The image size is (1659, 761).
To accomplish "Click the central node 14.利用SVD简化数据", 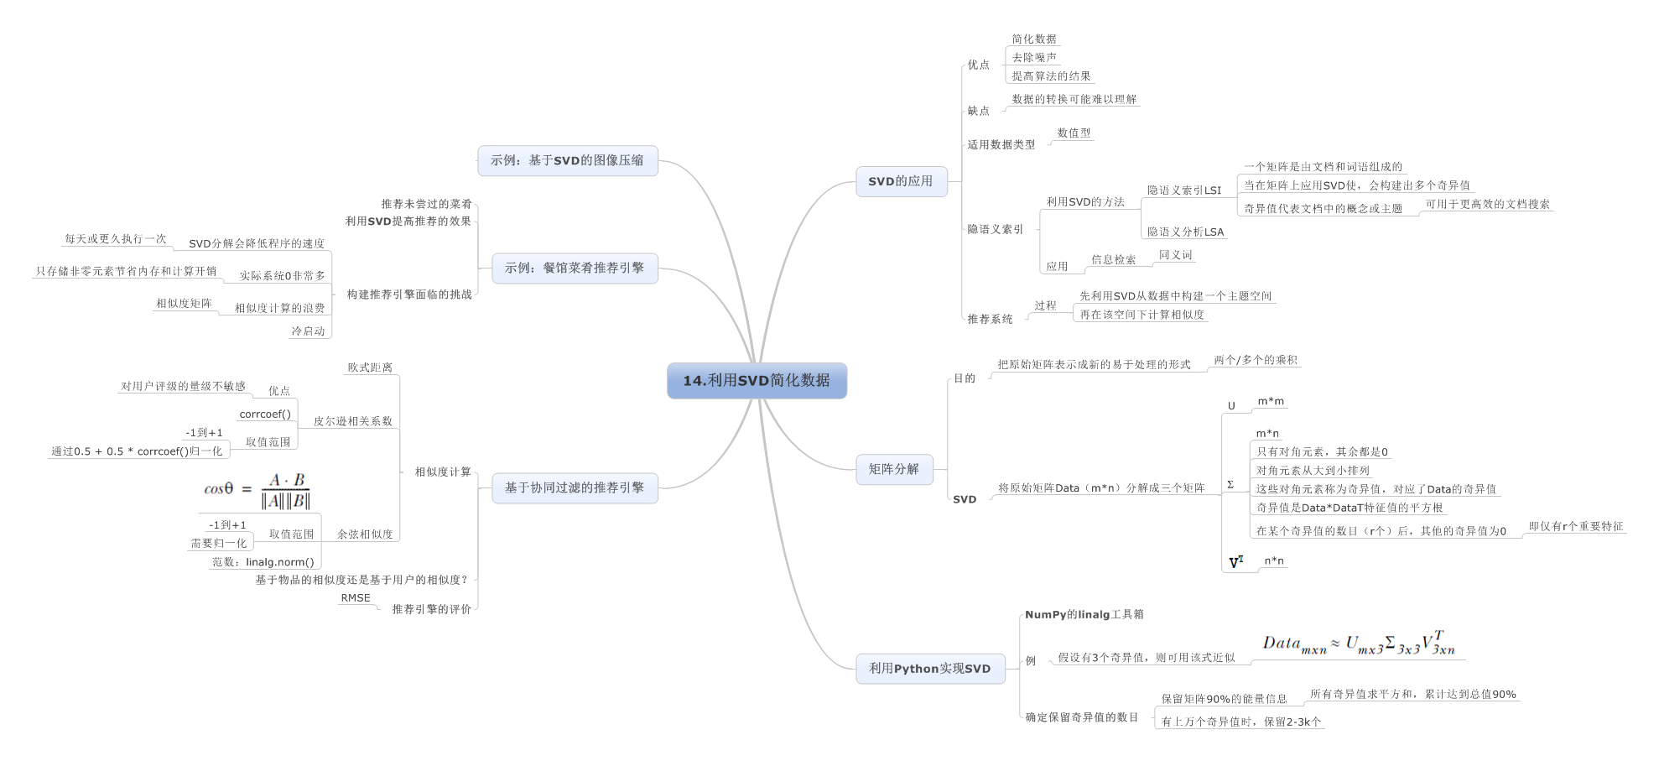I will tap(757, 381).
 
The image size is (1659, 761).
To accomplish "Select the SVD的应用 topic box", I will tap(901, 181).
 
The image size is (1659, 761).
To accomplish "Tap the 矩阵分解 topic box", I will tap(893, 469).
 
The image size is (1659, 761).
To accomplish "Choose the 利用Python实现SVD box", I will tap(929, 669).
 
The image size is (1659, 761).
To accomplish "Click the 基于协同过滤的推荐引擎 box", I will tap(575, 487).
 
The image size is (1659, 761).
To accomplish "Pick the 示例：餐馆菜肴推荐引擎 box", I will tap(575, 268).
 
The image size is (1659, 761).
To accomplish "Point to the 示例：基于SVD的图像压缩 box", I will tap(567, 160).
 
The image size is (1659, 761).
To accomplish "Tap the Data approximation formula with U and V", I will tap(1359, 644).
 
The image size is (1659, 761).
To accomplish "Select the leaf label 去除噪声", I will tap(1033, 58).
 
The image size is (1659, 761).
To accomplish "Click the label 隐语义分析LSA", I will tap(1185, 232).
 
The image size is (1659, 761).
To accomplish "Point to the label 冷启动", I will tap(308, 331).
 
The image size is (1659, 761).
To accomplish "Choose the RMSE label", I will tap(356, 598).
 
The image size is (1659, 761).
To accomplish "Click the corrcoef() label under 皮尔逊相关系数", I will tap(265, 414).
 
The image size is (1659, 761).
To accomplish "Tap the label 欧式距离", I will tap(370, 367).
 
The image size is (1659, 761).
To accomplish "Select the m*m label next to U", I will tap(1271, 402).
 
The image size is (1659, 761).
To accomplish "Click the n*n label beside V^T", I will tap(1274, 561).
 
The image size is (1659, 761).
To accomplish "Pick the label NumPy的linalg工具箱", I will tap(1084, 615).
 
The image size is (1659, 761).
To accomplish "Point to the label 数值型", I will tap(1074, 133).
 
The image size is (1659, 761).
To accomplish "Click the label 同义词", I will tap(1175, 255).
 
